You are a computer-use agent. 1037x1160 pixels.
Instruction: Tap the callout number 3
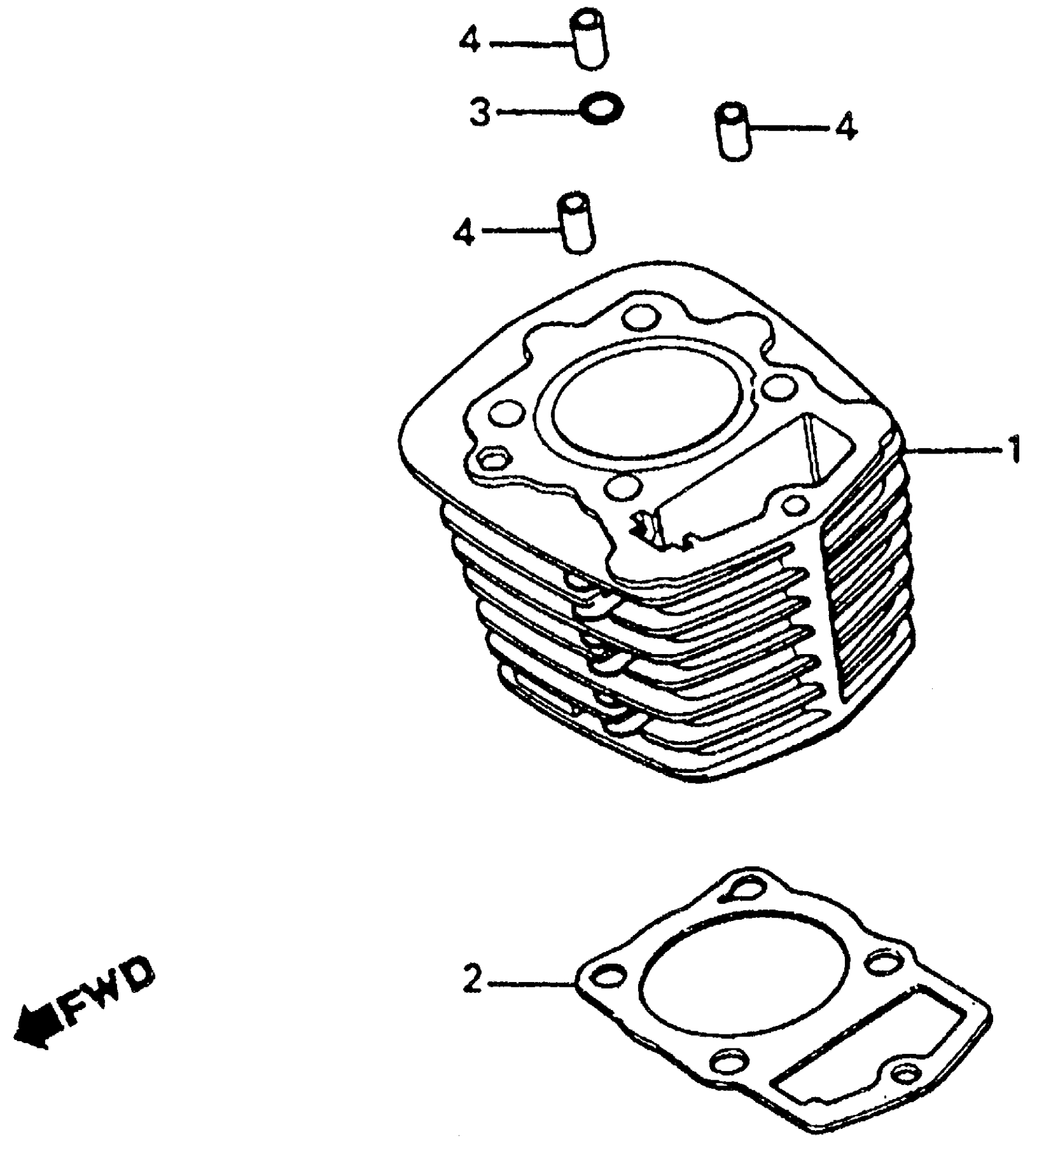coord(480,113)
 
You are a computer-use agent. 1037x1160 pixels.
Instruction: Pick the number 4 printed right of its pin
coord(846,128)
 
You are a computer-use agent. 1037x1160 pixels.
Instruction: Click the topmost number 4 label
coord(470,43)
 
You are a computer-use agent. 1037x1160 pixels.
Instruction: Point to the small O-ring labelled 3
coord(601,109)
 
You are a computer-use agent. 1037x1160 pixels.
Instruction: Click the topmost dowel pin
coord(589,43)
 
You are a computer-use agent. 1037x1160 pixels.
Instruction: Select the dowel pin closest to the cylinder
coord(576,224)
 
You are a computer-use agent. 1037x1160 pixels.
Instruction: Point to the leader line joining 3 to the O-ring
coord(537,112)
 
